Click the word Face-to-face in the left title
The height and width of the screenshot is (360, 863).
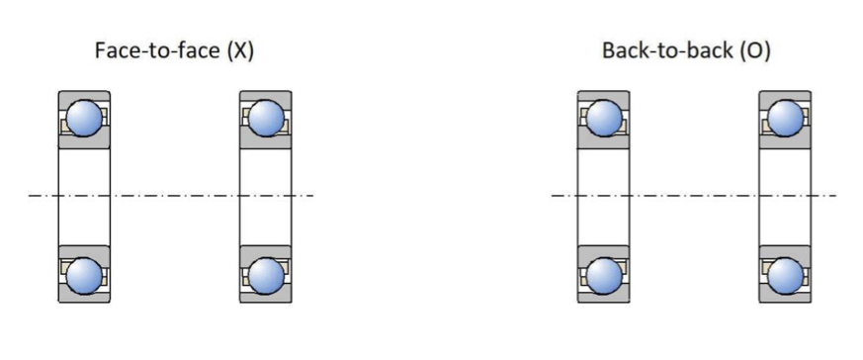coord(158,50)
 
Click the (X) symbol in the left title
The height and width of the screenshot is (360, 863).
coord(240,50)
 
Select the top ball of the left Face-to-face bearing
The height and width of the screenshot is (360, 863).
coord(84,118)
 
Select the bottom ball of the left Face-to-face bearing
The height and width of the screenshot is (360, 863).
coord(84,275)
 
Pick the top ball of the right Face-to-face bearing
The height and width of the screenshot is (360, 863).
coord(266,118)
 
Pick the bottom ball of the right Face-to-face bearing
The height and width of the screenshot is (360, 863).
coord(266,275)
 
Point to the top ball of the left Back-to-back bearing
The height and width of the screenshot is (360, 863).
coord(604,118)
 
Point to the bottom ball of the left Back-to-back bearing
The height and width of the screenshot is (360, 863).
coord(604,275)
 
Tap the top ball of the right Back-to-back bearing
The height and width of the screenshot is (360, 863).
coord(785,118)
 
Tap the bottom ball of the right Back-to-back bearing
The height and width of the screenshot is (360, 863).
coord(785,275)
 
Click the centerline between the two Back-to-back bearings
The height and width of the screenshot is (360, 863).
coord(694,196)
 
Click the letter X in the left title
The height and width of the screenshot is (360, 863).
coord(240,50)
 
